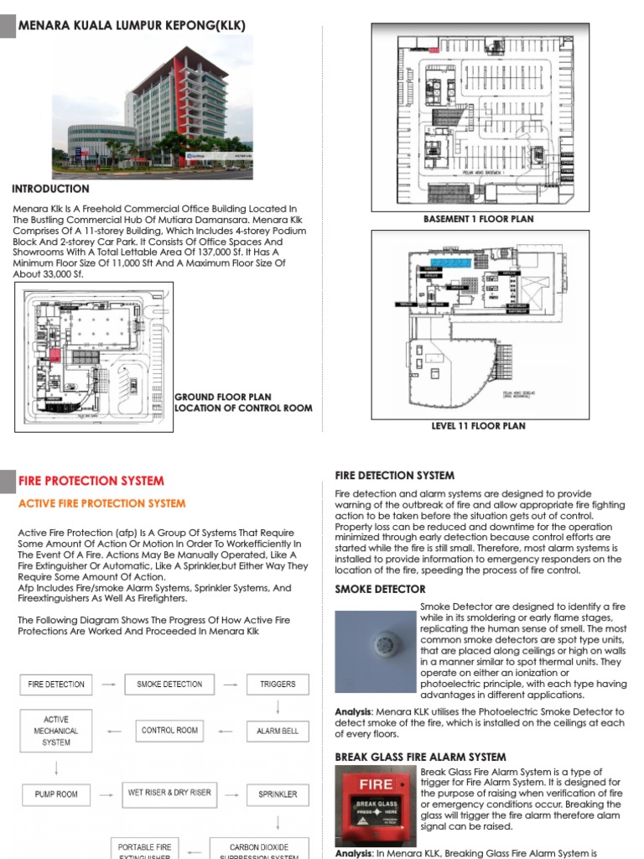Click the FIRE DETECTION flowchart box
tap(56, 685)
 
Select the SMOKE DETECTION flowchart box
tap(169, 685)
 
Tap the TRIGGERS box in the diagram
tap(278, 685)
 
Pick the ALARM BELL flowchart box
tap(278, 731)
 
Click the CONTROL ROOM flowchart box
tap(169, 731)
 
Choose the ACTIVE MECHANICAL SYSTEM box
tap(56, 731)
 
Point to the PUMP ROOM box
tap(56, 794)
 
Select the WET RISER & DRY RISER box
tap(169, 793)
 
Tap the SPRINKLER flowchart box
tap(278, 794)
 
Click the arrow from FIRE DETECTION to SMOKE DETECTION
tap(109, 685)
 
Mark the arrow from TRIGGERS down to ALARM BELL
tap(278, 708)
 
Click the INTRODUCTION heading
tap(50, 190)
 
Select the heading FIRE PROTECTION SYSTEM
tap(91, 482)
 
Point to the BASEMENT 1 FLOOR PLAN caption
tap(478, 219)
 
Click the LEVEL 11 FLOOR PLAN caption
tap(478, 426)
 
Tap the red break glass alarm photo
tap(375, 808)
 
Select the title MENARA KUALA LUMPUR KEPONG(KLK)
tap(132, 26)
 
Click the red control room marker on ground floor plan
tap(56, 356)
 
